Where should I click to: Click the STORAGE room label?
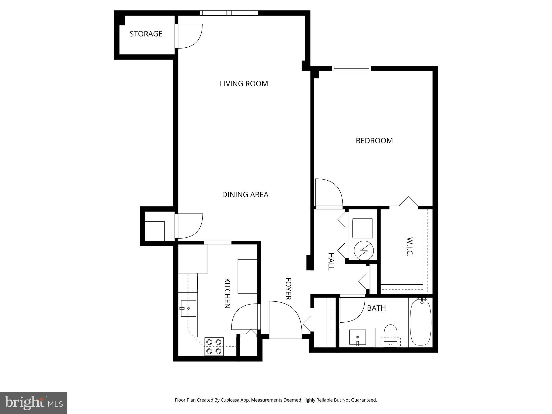[146, 34]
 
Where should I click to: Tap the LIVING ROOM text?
[244, 84]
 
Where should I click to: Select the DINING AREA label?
[245, 195]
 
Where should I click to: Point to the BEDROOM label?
[374, 141]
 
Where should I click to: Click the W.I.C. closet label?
[409, 247]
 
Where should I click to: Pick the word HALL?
[331, 261]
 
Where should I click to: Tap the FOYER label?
[288, 289]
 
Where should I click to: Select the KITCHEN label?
[227, 293]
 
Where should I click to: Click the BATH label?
[376, 308]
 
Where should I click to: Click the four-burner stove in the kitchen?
[213, 346]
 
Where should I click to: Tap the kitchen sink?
[188, 308]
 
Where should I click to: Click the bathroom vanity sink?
[357, 337]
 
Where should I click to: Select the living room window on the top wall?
[229, 13]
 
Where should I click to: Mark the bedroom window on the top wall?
[351, 68]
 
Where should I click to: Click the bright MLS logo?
[34, 403]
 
